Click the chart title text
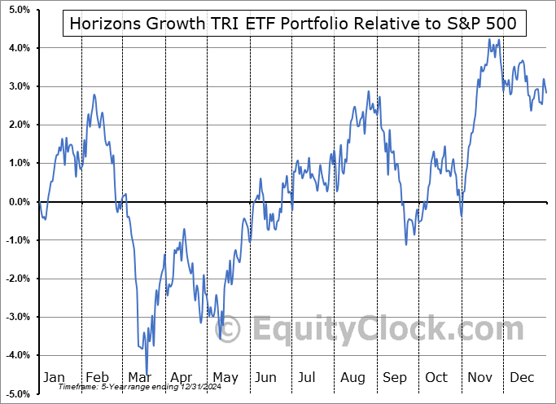pos(293,24)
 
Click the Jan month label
pos(53,378)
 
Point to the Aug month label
pos(352,378)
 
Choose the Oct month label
pos(437,378)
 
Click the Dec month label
pos(523,378)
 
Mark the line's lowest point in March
pos(147,373)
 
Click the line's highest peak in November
pos(489,39)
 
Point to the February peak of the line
pos(94,94)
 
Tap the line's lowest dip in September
pos(406,244)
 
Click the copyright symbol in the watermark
pos(230,330)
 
